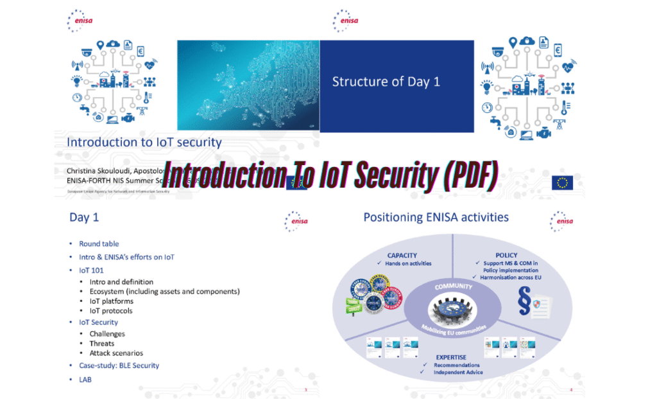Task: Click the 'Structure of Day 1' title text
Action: [386, 82]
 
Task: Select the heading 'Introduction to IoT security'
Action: [144, 142]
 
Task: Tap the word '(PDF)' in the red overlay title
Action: [461, 176]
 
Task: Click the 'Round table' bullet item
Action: [99, 244]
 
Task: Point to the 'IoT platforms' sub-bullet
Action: [111, 301]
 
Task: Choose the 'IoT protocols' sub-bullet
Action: [111, 311]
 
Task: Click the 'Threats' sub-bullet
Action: [102, 344]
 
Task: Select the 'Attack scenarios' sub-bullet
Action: [116, 353]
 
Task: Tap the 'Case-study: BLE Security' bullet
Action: [119, 366]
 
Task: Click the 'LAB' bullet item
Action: [85, 380]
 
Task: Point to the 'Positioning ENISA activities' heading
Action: [436, 217]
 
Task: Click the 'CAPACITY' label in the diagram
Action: [402, 255]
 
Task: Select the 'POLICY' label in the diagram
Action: [506, 255]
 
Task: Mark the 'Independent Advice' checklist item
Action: [458, 373]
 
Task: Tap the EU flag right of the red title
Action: [562, 182]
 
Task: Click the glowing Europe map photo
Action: [248, 85]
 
